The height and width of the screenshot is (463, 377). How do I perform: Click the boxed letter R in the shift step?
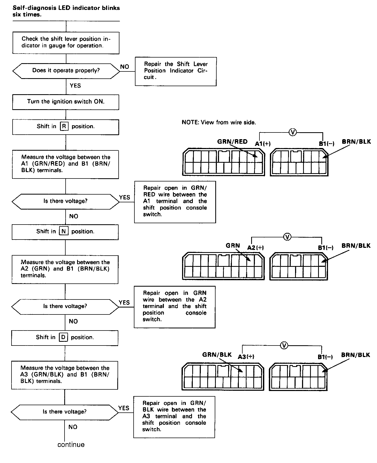point(64,126)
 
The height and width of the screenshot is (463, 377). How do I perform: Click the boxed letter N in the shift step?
point(64,231)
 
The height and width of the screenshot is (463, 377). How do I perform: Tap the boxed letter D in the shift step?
point(63,337)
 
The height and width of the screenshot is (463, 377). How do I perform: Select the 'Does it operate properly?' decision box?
point(66,71)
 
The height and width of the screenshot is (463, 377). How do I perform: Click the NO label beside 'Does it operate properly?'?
point(125,67)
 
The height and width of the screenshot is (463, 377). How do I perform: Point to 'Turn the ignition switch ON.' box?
point(66,102)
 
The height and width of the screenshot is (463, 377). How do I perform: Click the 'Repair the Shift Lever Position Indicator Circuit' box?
point(176,71)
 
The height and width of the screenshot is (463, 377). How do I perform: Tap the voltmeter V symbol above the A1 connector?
point(293,132)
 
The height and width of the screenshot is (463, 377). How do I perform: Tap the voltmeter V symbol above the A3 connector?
point(284,346)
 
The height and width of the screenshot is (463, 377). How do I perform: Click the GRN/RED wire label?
point(232,142)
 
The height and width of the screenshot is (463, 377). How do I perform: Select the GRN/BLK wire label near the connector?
point(217,355)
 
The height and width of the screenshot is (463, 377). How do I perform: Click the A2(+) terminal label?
point(255,248)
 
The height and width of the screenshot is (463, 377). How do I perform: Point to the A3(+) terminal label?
point(246,356)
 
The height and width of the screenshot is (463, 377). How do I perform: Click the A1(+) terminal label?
point(263,144)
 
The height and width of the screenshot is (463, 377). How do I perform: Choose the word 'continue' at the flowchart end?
point(71,445)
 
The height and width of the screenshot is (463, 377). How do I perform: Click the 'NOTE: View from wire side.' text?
point(219,122)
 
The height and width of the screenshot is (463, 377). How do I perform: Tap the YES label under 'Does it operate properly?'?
point(75,86)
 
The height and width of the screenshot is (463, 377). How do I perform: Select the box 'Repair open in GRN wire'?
point(175,307)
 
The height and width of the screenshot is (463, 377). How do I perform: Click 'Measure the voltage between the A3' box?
point(65,375)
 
